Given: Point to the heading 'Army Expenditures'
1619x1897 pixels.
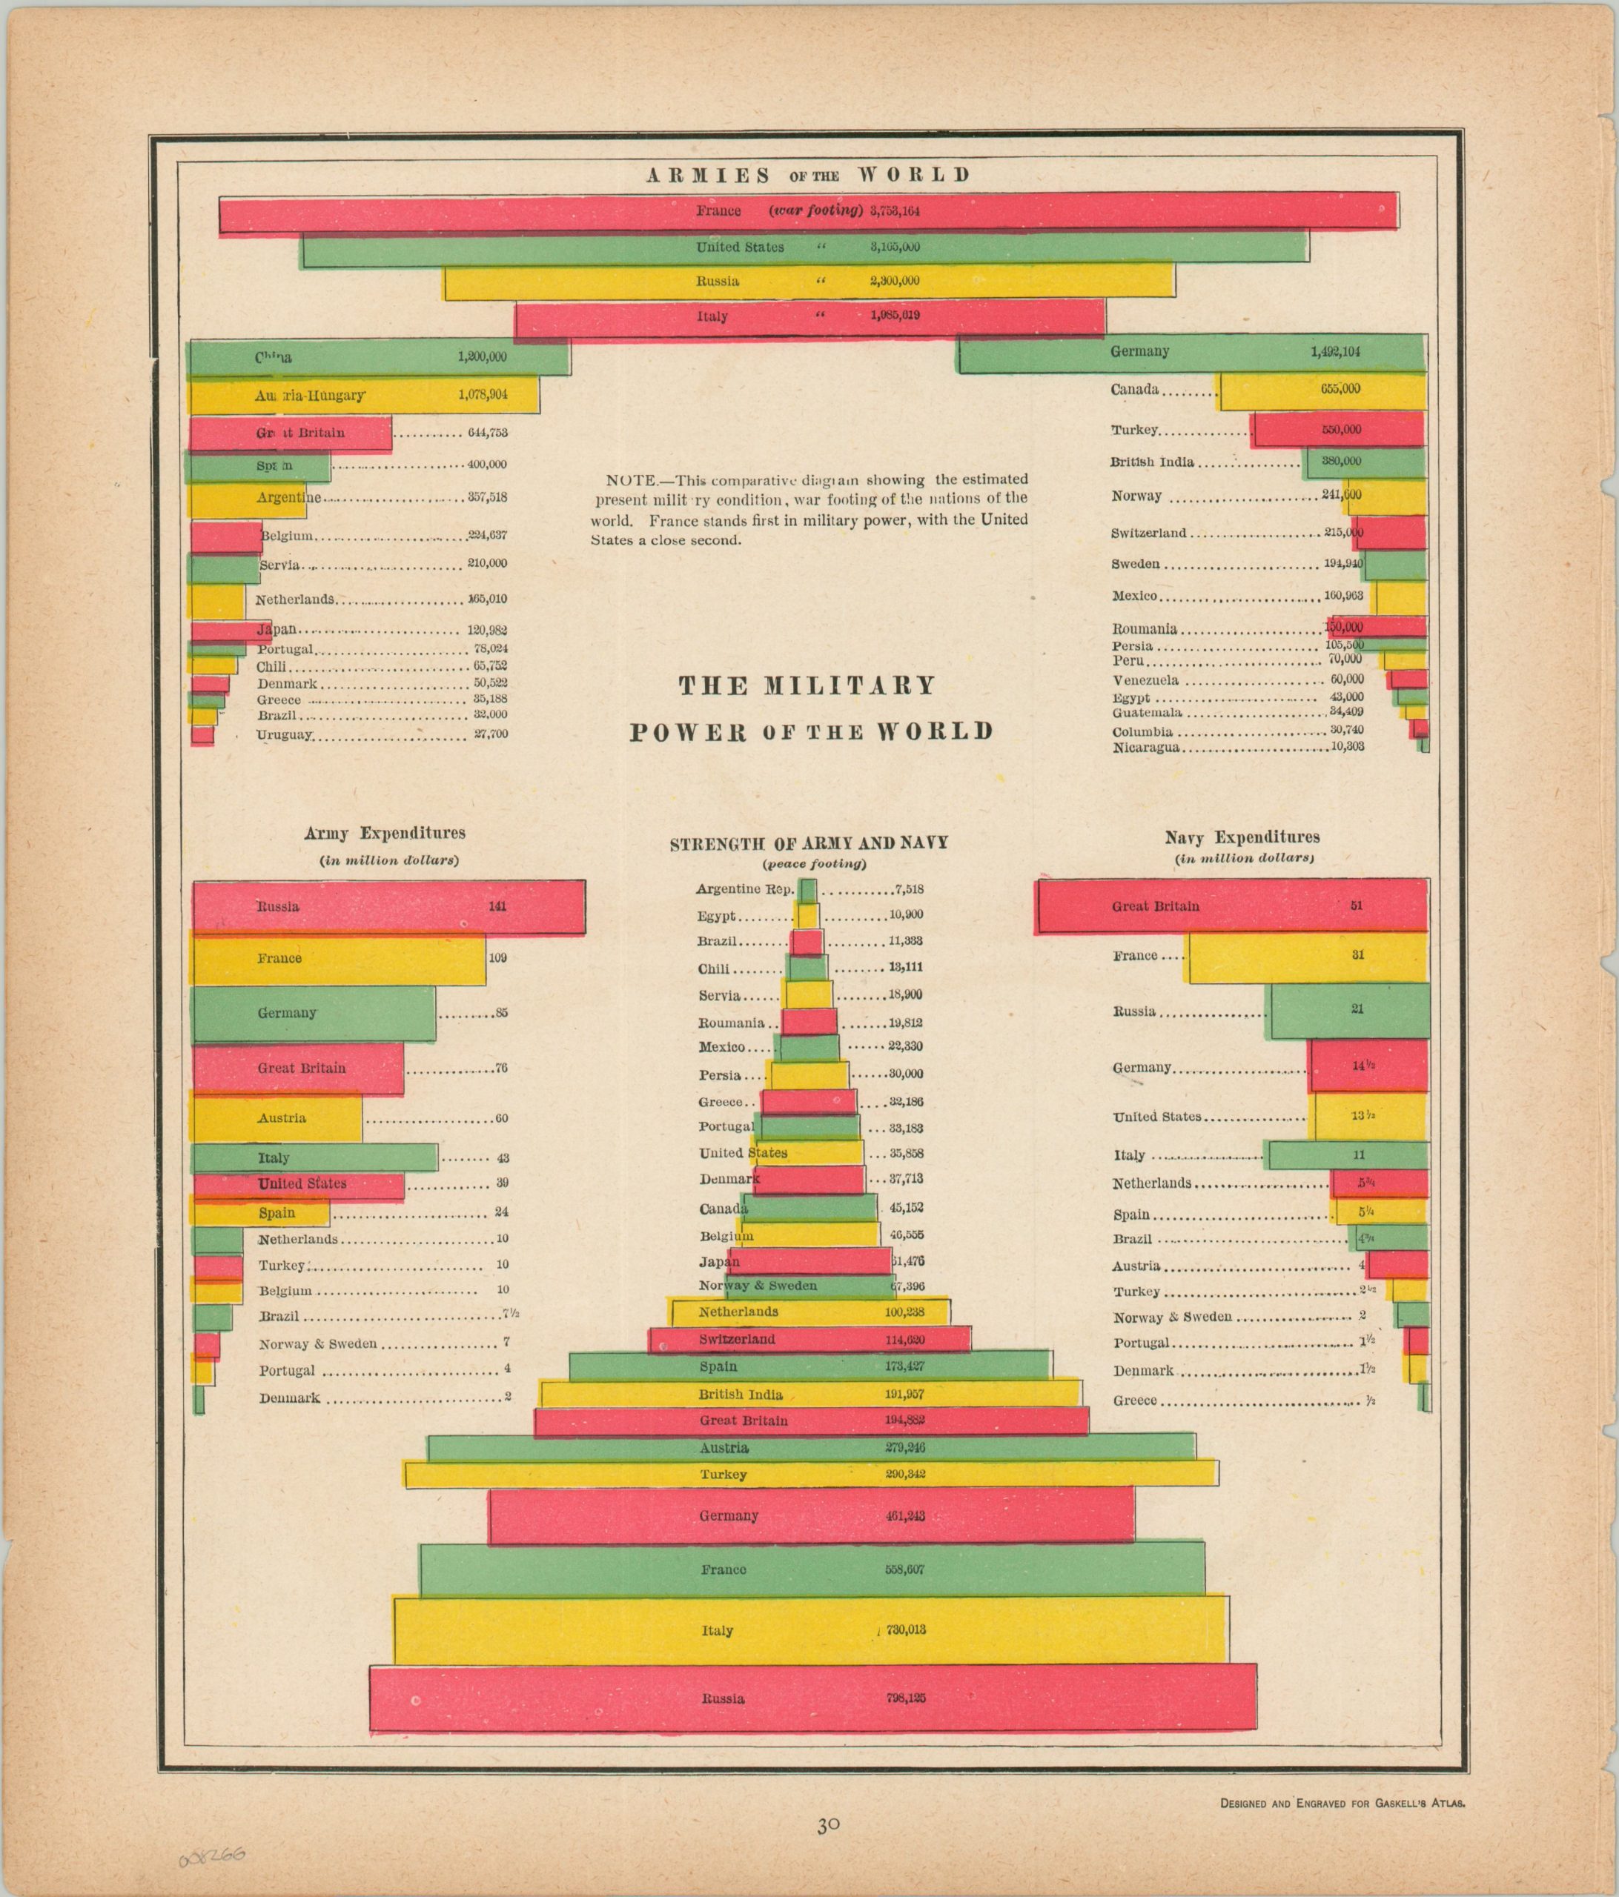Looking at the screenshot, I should (x=385, y=833).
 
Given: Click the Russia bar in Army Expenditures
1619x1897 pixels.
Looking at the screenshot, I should (x=389, y=906).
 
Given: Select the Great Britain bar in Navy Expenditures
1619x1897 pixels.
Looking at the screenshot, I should (x=1231, y=906).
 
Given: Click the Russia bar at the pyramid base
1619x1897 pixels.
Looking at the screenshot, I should (x=812, y=1698).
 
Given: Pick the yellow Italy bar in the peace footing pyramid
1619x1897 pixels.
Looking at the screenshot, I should (x=810, y=1629).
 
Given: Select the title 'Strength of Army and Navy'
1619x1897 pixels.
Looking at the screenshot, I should (x=809, y=844).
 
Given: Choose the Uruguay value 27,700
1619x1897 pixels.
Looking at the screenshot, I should (x=491, y=734).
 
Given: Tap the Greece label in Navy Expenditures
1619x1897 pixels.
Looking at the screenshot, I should (x=1135, y=1401).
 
